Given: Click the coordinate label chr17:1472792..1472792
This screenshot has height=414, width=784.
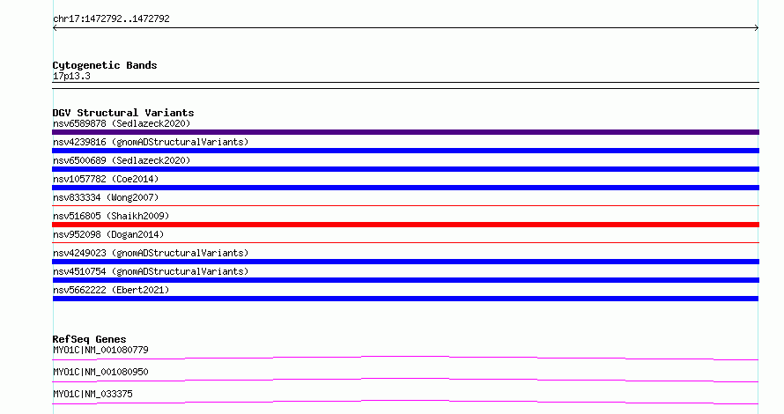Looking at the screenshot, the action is [x=111, y=19].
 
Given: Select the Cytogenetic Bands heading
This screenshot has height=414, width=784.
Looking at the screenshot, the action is [x=105, y=65].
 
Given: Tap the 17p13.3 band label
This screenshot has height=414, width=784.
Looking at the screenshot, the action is [x=71, y=76].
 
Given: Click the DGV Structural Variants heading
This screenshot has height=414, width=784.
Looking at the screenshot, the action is [x=123, y=113].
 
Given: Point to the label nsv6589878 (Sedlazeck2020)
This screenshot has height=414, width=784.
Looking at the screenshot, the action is [x=122, y=123].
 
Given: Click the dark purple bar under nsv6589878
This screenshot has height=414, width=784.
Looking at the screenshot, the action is [x=405, y=132].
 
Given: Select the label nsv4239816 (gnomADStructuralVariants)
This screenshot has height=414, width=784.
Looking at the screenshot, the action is [x=151, y=142].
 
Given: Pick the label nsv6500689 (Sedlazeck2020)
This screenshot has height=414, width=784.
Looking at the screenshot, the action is [x=122, y=160].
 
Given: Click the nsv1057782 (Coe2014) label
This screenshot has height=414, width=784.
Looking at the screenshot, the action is [x=106, y=179].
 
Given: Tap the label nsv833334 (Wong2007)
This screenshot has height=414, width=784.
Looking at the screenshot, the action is [x=106, y=197].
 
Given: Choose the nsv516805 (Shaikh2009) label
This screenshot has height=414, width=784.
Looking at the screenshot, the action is [x=111, y=216].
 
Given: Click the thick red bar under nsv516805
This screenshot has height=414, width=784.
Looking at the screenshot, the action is [x=405, y=225].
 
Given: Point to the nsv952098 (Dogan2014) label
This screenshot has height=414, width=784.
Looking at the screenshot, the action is [x=108, y=234].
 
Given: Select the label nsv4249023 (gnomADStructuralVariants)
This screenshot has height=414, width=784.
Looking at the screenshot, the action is [x=151, y=253].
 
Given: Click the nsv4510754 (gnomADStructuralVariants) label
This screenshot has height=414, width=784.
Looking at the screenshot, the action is [x=151, y=271].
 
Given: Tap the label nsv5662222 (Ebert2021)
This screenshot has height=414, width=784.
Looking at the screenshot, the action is [x=111, y=290].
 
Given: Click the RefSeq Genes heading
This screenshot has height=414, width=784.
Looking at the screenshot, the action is [x=89, y=339].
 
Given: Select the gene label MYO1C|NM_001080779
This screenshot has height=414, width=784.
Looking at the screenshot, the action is [x=100, y=350].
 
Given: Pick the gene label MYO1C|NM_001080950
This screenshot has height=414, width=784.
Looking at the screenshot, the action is [x=100, y=372].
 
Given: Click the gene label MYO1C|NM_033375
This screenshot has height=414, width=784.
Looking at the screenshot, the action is [x=92, y=394].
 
